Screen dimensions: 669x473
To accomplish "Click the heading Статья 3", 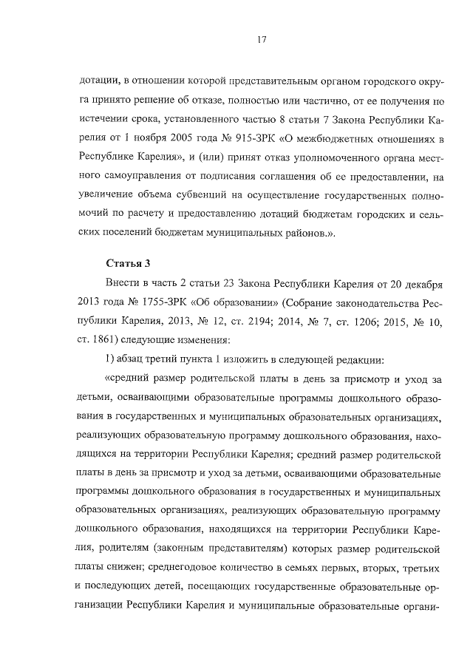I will [125, 262].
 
